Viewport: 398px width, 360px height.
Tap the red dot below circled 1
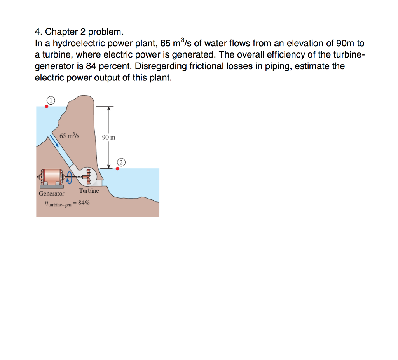[x=47, y=106]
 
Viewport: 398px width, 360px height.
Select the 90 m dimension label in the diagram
[x=109, y=138]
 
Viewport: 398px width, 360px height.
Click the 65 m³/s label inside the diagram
[x=70, y=136]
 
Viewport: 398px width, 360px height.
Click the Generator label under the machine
[x=52, y=194]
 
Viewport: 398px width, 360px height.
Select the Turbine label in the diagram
[x=89, y=191]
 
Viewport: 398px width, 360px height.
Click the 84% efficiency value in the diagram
[x=83, y=203]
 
